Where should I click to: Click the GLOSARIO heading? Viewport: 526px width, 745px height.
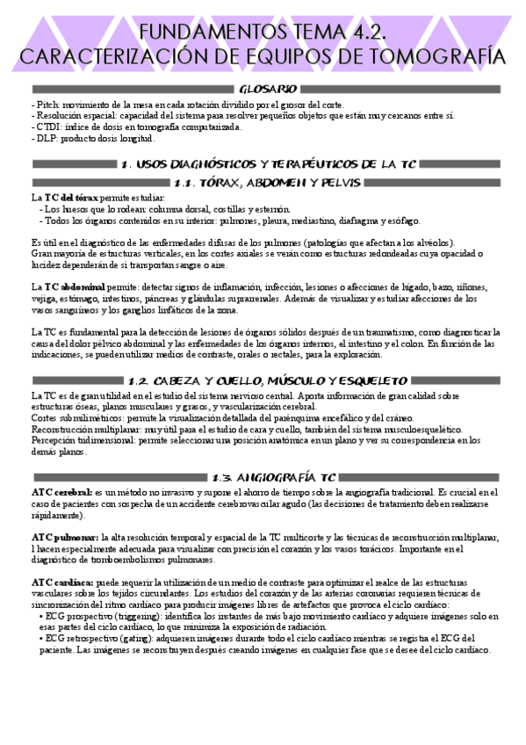[268, 89]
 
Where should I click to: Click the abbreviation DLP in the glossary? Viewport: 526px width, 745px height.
[47, 138]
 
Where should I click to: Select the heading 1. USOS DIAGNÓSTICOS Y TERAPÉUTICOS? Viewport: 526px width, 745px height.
[268, 164]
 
